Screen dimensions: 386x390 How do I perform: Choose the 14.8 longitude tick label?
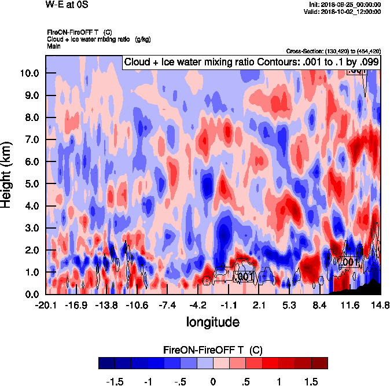pyautogui.click(x=380, y=305)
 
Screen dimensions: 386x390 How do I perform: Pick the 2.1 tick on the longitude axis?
pyautogui.click(x=259, y=305)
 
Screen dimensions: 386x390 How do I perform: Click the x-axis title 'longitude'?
pyautogui.click(x=212, y=321)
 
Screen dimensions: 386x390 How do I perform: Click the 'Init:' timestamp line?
pyautogui.click(x=345, y=5)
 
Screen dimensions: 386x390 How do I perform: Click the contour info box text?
pyautogui.click(x=251, y=62)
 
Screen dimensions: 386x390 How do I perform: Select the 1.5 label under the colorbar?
pyautogui.click(x=312, y=382)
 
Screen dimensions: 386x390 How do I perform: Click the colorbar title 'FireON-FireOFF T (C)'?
pyautogui.click(x=213, y=350)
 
